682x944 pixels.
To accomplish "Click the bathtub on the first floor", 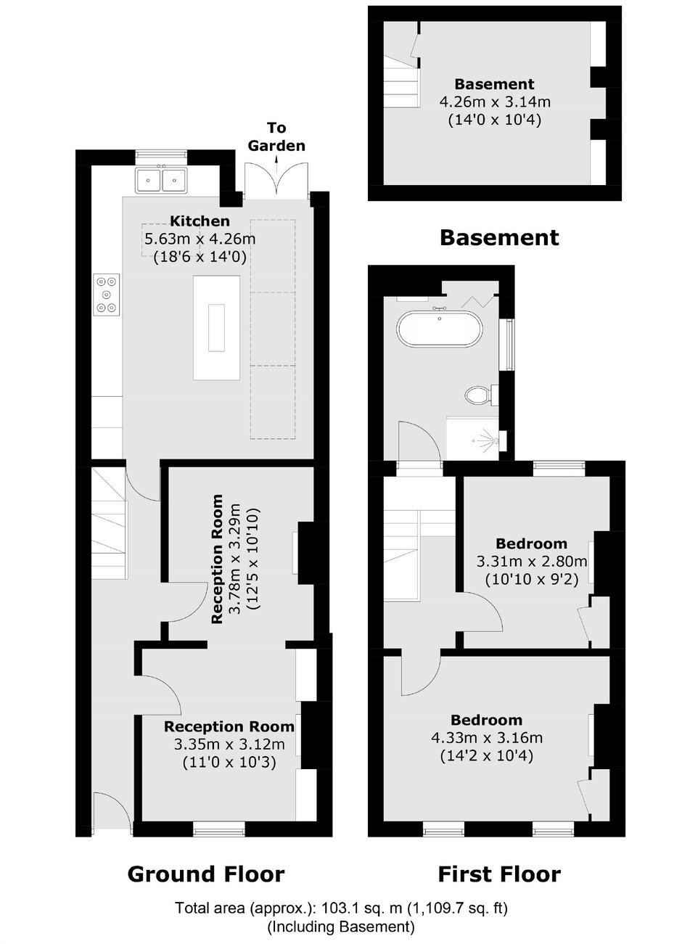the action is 440,329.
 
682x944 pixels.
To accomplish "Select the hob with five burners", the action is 106,295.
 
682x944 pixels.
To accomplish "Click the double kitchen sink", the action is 161,180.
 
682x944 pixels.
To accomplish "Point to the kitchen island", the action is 217,328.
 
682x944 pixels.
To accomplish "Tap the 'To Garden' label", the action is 276,136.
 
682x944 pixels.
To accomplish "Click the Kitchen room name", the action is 200,221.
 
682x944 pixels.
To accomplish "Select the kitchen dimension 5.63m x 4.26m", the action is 200,239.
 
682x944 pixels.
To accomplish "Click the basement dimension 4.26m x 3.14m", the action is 495,102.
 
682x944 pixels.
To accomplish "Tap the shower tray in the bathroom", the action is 473,438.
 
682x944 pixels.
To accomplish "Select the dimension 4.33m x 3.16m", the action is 487,737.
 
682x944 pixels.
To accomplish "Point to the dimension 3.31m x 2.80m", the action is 532,562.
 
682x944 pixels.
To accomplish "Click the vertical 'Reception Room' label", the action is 217,559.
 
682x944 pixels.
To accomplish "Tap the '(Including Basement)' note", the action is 341,927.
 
